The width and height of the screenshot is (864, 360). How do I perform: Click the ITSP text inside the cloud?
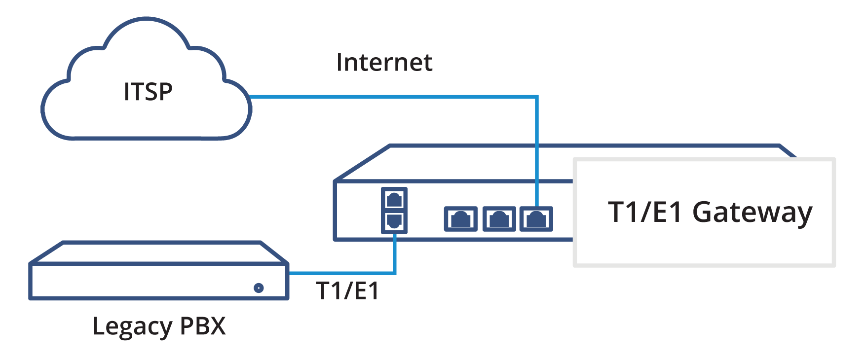tap(148, 92)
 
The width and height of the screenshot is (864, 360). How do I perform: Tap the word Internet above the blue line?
tap(384, 63)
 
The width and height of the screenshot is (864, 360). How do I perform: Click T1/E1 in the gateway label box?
tap(645, 212)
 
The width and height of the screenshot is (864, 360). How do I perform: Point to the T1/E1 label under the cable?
tap(347, 290)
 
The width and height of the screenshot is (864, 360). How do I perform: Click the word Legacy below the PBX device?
tap(132, 326)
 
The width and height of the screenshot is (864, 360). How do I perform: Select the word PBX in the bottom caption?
tap(203, 326)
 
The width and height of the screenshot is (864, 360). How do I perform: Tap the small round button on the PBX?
tap(259, 288)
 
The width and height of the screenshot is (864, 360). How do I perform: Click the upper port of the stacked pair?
tap(394, 199)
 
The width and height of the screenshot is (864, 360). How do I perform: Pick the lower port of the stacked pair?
tap(394, 221)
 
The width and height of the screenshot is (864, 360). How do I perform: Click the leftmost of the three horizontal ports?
tap(460, 219)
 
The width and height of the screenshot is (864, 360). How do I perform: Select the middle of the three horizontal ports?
tap(499, 219)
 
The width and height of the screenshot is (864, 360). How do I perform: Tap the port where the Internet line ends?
tap(536, 219)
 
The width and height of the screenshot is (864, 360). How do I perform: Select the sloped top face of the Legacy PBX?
tap(158, 252)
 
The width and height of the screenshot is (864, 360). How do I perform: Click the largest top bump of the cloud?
tap(147, 39)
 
